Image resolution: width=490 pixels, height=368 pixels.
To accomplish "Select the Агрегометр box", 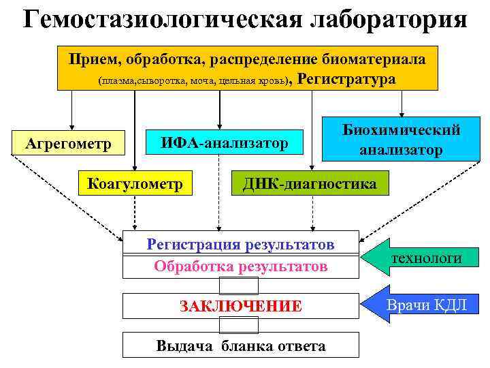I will (67, 144).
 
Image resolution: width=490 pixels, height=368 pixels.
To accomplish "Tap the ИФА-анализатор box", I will (224, 144).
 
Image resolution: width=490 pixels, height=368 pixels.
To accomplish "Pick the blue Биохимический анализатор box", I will (402, 140).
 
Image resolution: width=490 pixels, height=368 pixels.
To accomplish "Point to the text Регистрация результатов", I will (241, 244).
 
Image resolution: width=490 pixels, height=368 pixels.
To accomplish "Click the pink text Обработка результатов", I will (241, 266).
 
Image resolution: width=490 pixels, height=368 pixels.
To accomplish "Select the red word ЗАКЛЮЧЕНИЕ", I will (241, 306).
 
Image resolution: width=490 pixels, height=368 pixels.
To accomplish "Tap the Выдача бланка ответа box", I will (241, 346).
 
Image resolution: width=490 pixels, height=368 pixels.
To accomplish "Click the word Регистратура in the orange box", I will (347, 79).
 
